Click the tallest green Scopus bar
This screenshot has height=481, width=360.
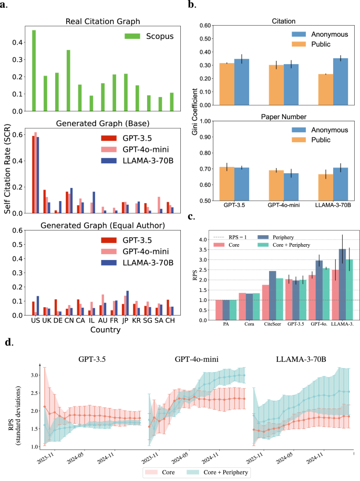[x=34, y=70]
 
